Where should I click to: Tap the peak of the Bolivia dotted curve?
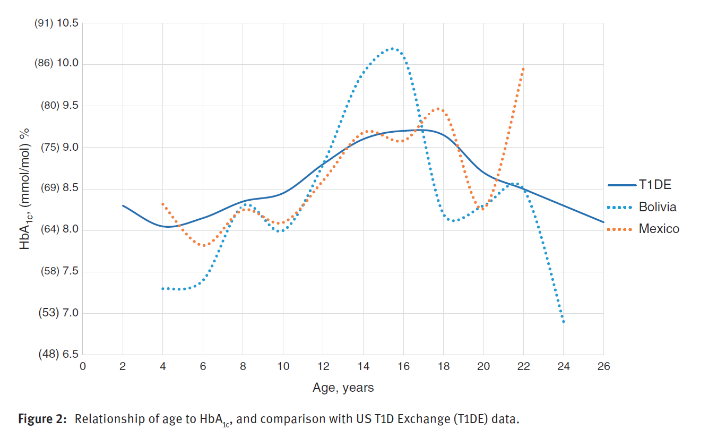tap(392, 48)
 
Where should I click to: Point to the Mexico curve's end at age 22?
tap(523, 68)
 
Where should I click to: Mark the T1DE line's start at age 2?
tap(123, 205)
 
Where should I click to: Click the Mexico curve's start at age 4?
tap(163, 204)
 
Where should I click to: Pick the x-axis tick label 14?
tap(363, 366)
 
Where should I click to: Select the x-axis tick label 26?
tap(603, 366)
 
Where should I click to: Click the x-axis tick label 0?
tap(82, 366)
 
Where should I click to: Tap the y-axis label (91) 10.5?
tap(56, 23)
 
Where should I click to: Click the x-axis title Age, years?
tap(343, 388)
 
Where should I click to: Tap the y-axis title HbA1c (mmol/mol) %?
tap(24, 189)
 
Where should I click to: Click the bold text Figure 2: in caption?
tap(42, 419)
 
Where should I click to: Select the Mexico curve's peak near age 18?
tap(438, 109)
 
